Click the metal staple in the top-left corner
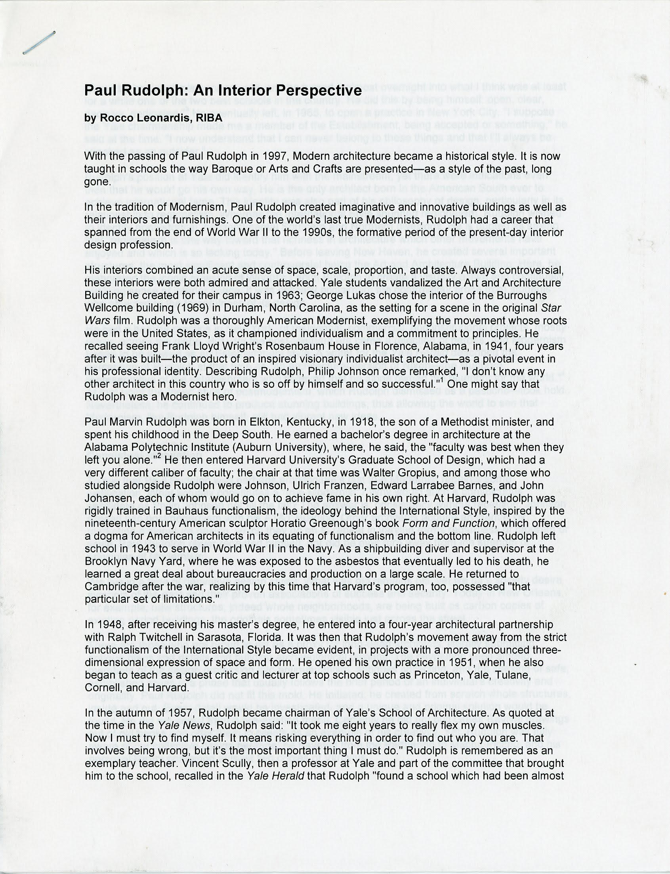click(x=39, y=42)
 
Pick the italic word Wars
click(x=95, y=321)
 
